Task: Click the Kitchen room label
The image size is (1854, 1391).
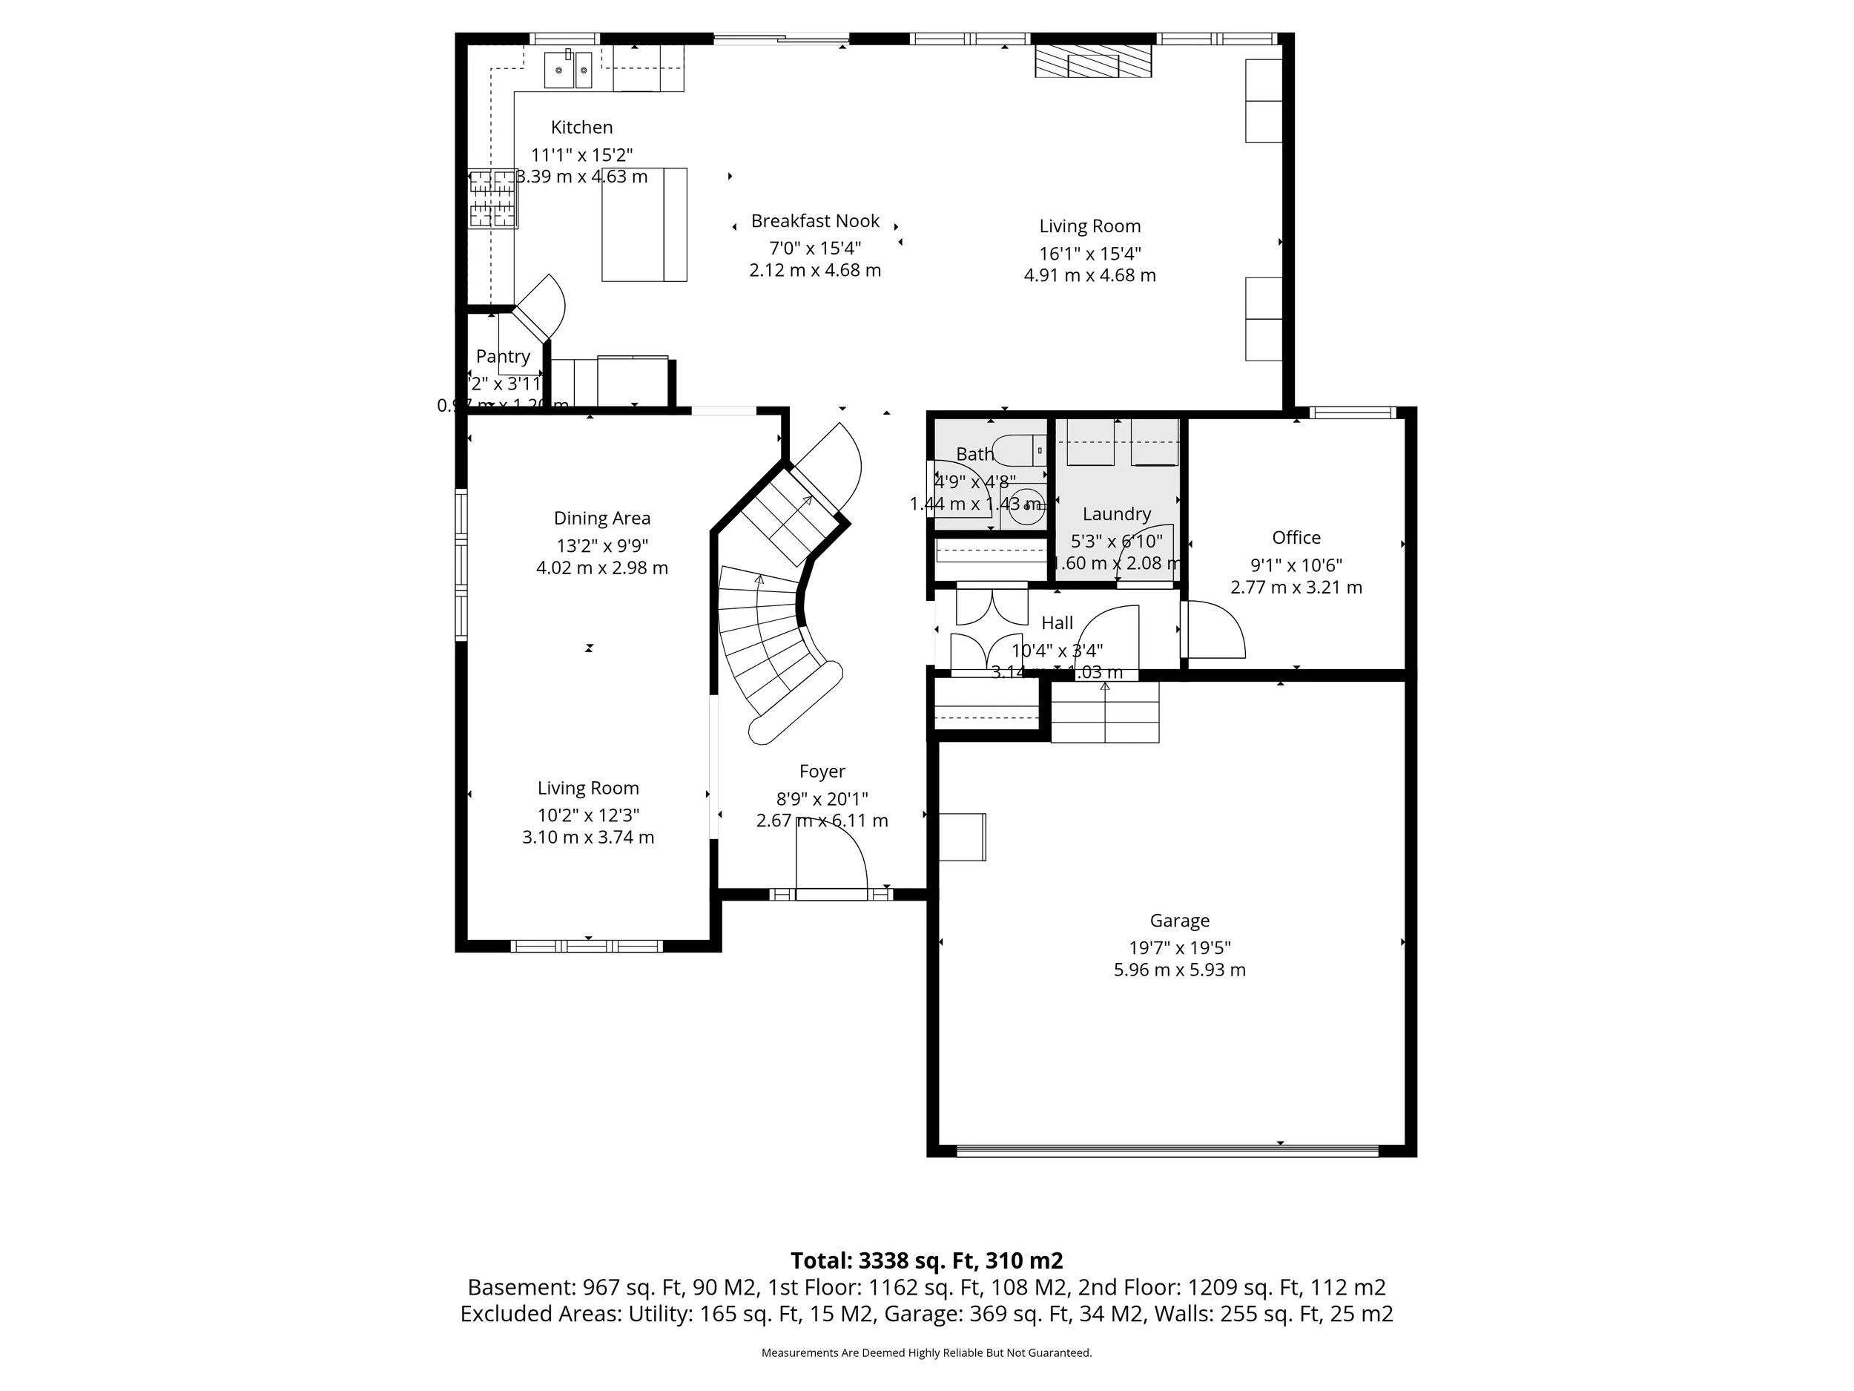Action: (x=581, y=128)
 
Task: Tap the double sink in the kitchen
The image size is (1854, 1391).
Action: (x=568, y=70)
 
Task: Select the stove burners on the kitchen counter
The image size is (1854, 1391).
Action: (x=492, y=199)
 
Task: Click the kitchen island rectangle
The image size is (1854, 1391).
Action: (x=644, y=225)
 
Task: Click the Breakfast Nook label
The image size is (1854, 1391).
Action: (x=815, y=221)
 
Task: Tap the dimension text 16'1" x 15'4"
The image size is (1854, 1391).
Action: (x=1089, y=253)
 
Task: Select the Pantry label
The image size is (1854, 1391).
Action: (x=503, y=356)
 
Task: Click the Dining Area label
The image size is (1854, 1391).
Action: (x=601, y=518)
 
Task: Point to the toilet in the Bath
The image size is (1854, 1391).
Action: (x=1017, y=450)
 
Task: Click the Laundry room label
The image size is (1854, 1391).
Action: (x=1116, y=514)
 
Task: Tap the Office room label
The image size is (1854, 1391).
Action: (x=1296, y=537)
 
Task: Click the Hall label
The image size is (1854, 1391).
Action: (x=1057, y=623)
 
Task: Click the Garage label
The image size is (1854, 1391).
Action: (x=1179, y=921)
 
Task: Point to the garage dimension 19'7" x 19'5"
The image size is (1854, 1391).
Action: (x=1179, y=947)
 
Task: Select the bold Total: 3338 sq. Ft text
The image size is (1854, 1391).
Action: (x=926, y=1260)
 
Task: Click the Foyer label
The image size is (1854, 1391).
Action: (x=822, y=772)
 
